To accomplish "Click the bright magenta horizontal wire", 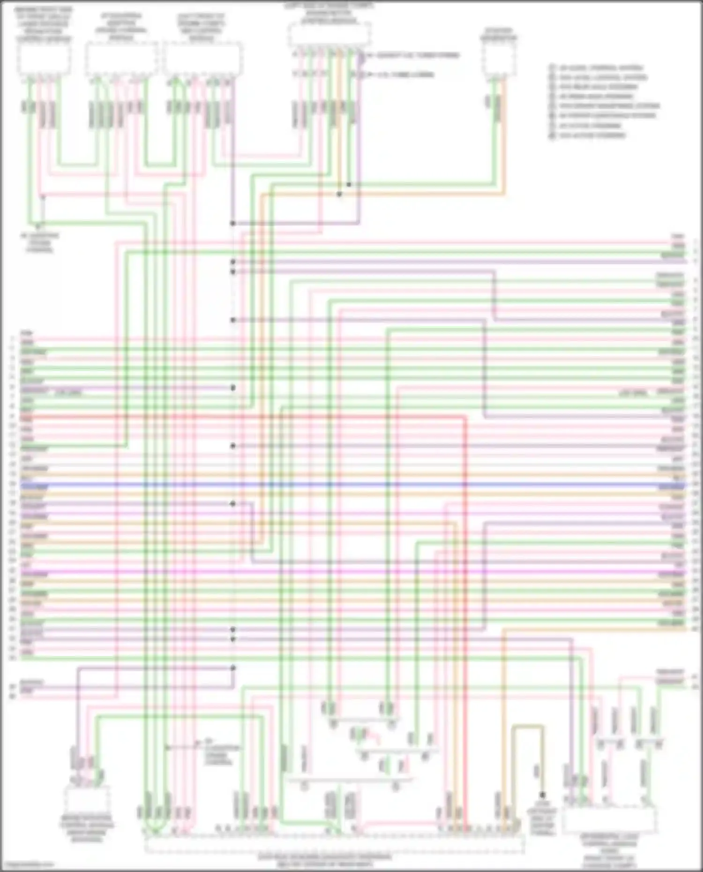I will (351, 573).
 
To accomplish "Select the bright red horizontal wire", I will (234, 416).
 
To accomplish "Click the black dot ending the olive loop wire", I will (543, 795).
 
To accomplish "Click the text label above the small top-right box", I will (499, 34).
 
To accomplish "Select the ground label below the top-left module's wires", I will (39, 242).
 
